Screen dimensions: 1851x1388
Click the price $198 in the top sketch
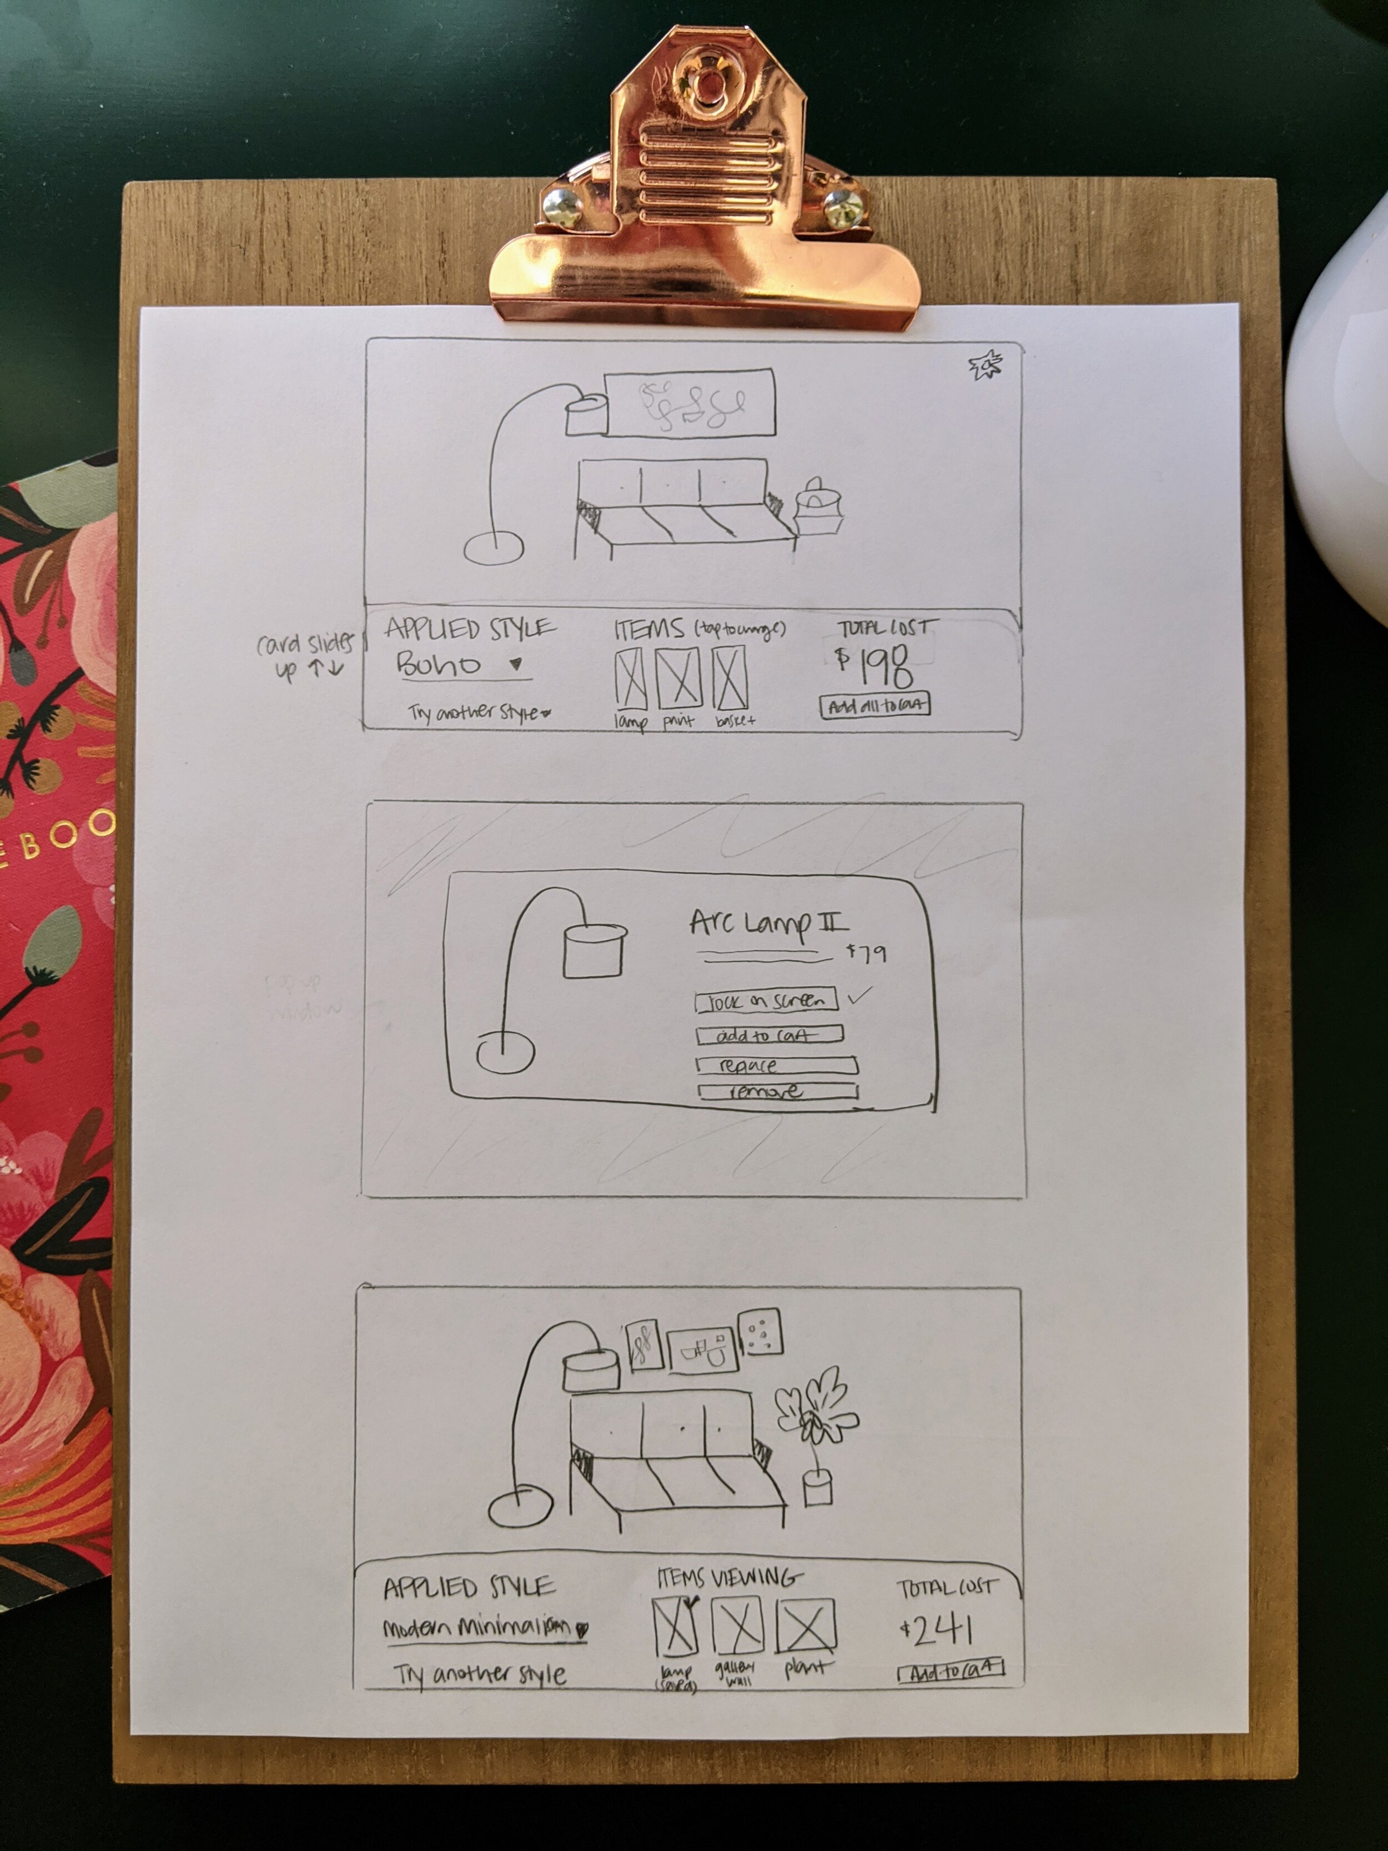874,665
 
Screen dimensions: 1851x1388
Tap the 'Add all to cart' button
874,705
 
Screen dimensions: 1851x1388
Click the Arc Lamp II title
768,924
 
